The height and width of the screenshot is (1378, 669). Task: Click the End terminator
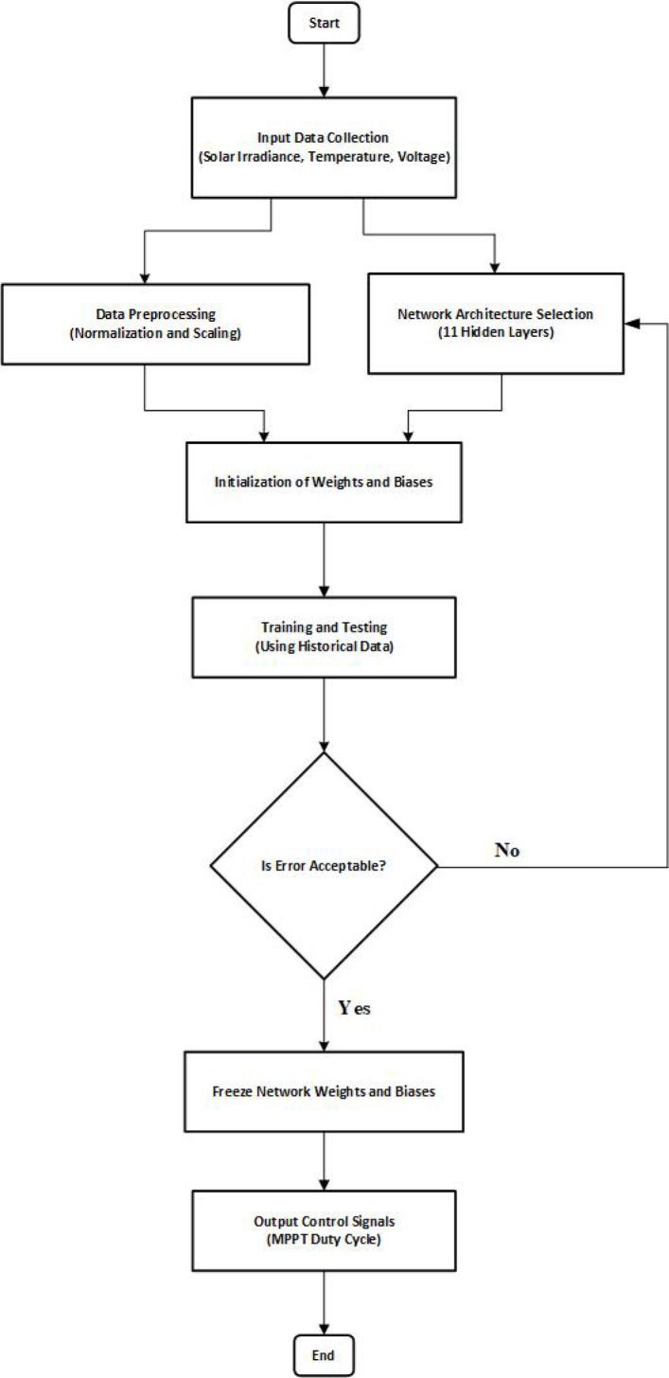[325, 1355]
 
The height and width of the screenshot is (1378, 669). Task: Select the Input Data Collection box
[325, 147]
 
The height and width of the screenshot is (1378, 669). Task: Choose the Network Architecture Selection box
[496, 324]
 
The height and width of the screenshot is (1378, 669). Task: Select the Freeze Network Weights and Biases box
[325, 1091]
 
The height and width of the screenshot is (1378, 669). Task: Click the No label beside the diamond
[507, 850]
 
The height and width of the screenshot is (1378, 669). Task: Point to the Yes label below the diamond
[354, 1008]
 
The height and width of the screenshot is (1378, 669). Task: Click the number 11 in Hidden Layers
[450, 334]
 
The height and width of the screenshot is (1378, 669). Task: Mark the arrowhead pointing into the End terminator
[325, 1331]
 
